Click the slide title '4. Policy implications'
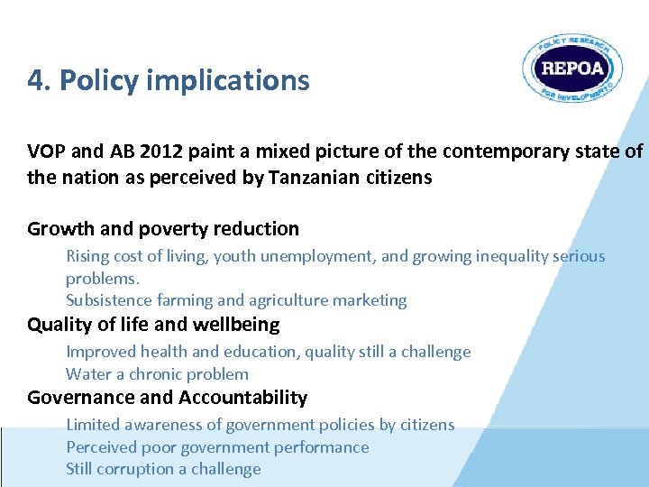[169, 81]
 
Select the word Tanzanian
[314, 178]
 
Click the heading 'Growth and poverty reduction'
[163, 229]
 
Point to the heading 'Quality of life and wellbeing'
[153, 325]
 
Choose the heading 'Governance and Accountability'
[167, 398]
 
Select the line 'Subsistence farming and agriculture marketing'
[236, 300]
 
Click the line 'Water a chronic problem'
[157, 374]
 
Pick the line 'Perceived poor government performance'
[217, 447]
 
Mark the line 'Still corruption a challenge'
[163, 469]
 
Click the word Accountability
[243, 398]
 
